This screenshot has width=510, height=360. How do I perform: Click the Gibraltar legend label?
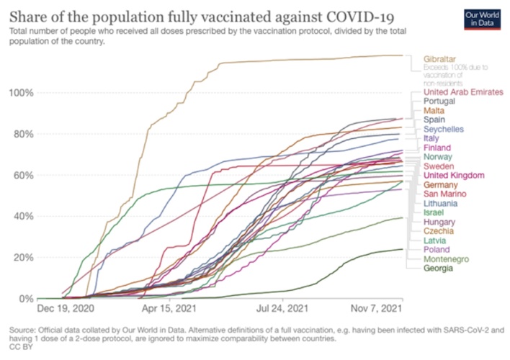pyautogui.click(x=441, y=58)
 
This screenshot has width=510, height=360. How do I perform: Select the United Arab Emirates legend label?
pyautogui.click(x=463, y=91)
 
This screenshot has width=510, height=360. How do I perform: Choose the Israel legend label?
pyautogui.click(x=434, y=213)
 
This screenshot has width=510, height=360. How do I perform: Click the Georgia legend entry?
pyautogui.click(x=439, y=269)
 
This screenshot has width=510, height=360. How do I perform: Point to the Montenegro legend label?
pyautogui.click(x=447, y=259)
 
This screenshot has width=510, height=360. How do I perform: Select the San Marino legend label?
pyautogui.click(x=445, y=194)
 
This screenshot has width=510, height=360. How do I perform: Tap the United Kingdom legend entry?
pyautogui.click(x=454, y=175)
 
